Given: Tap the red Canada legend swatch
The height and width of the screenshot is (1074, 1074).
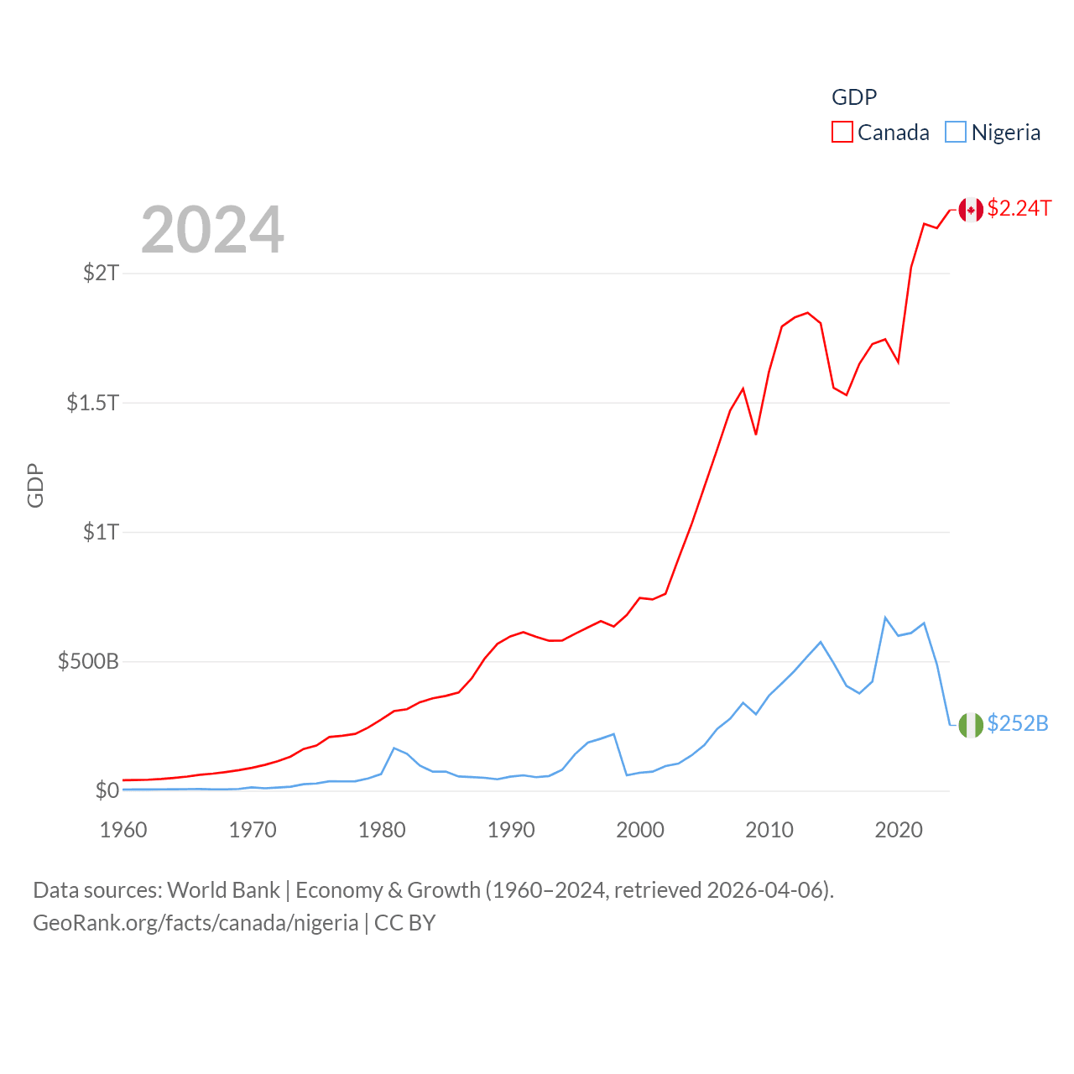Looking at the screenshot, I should tap(842, 133).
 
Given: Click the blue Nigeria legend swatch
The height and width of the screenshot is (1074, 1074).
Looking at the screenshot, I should tap(956, 133).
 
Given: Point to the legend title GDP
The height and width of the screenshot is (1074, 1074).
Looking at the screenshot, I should tap(854, 97).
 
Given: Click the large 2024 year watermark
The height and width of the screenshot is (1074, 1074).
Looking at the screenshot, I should tap(212, 230).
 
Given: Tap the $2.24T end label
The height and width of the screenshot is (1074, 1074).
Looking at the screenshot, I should tap(1019, 208).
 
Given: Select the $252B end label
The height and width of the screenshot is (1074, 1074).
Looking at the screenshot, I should tap(1017, 723).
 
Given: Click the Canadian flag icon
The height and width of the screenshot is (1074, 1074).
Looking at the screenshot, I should tap(971, 210).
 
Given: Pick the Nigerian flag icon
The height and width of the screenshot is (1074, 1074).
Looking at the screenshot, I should tap(971, 725).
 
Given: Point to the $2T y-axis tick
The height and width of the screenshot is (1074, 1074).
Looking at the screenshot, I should tap(102, 273).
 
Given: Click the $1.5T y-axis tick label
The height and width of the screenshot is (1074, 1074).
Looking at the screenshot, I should tap(93, 403).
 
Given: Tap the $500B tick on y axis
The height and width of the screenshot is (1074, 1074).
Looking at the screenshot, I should tap(88, 661).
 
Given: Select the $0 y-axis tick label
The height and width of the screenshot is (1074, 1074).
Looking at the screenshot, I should tap(107, 790).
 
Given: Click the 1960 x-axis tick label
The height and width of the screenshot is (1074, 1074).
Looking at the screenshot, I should tap(123, 830).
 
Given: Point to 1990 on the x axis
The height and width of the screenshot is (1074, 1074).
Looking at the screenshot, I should tap(511, 830).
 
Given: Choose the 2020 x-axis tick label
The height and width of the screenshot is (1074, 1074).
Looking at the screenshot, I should tap(899, 830).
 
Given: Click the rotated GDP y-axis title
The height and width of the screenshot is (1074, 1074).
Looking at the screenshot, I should tap(35, 485).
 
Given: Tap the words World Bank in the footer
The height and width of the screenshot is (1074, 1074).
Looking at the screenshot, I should tap(223, 889).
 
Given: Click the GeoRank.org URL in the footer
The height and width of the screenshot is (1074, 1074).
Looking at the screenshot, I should tap(196, 923).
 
